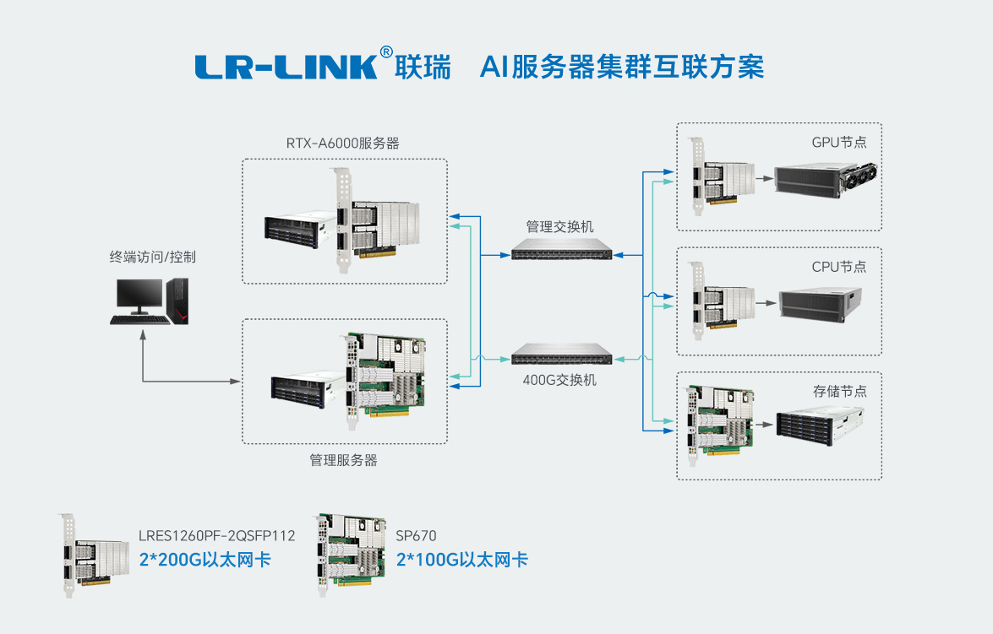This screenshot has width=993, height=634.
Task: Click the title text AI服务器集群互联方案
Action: click(x=621, y=67)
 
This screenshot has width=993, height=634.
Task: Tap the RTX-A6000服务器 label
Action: click(x=342, y=143)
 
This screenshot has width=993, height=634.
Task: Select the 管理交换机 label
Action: click(x=559, y=227)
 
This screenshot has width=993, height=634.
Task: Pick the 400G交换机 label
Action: click(x=559, y=380)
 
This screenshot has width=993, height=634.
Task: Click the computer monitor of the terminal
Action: click(x=139, y=296)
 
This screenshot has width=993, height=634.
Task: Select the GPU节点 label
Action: click(x=838, y=142)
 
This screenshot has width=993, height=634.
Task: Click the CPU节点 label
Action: click(x=838, y=267)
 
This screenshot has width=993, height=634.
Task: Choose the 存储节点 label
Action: click(x=839, y=392)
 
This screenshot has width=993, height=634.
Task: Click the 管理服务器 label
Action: click(x=343, y=460)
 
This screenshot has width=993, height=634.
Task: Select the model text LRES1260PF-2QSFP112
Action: click(x=217, y=535)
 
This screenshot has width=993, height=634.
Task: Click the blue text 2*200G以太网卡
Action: click(x=205, y=559)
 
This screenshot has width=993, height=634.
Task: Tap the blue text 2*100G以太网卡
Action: click(x=461, y=559)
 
